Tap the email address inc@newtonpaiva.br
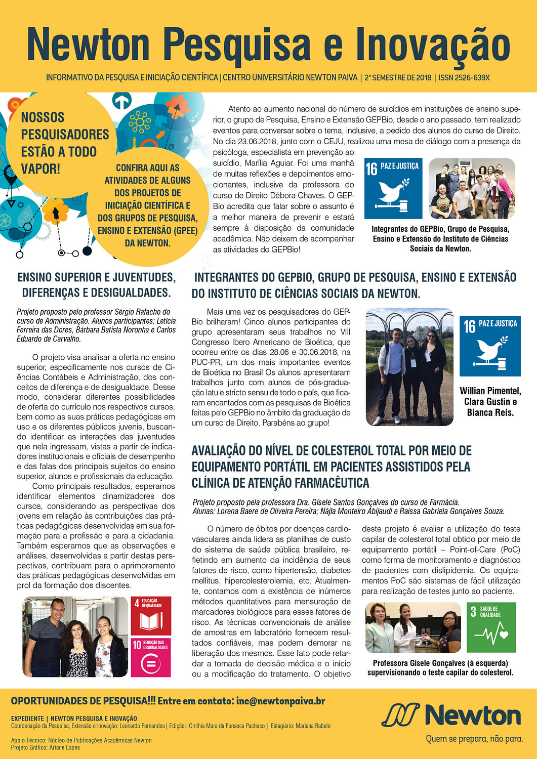pos(280,701)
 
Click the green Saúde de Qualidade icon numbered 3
pos(491,627)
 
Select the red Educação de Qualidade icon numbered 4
pos(150,615)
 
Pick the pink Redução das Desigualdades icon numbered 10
pos(150,657)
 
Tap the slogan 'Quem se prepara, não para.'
pos(474,739)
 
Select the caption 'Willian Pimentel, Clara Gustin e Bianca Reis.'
pos(490,402)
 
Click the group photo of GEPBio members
pos(471,188)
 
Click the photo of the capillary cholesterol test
pos(413,627)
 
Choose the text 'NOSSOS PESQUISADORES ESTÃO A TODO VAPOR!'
pos(59,143)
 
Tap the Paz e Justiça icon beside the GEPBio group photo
pos(393,188)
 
